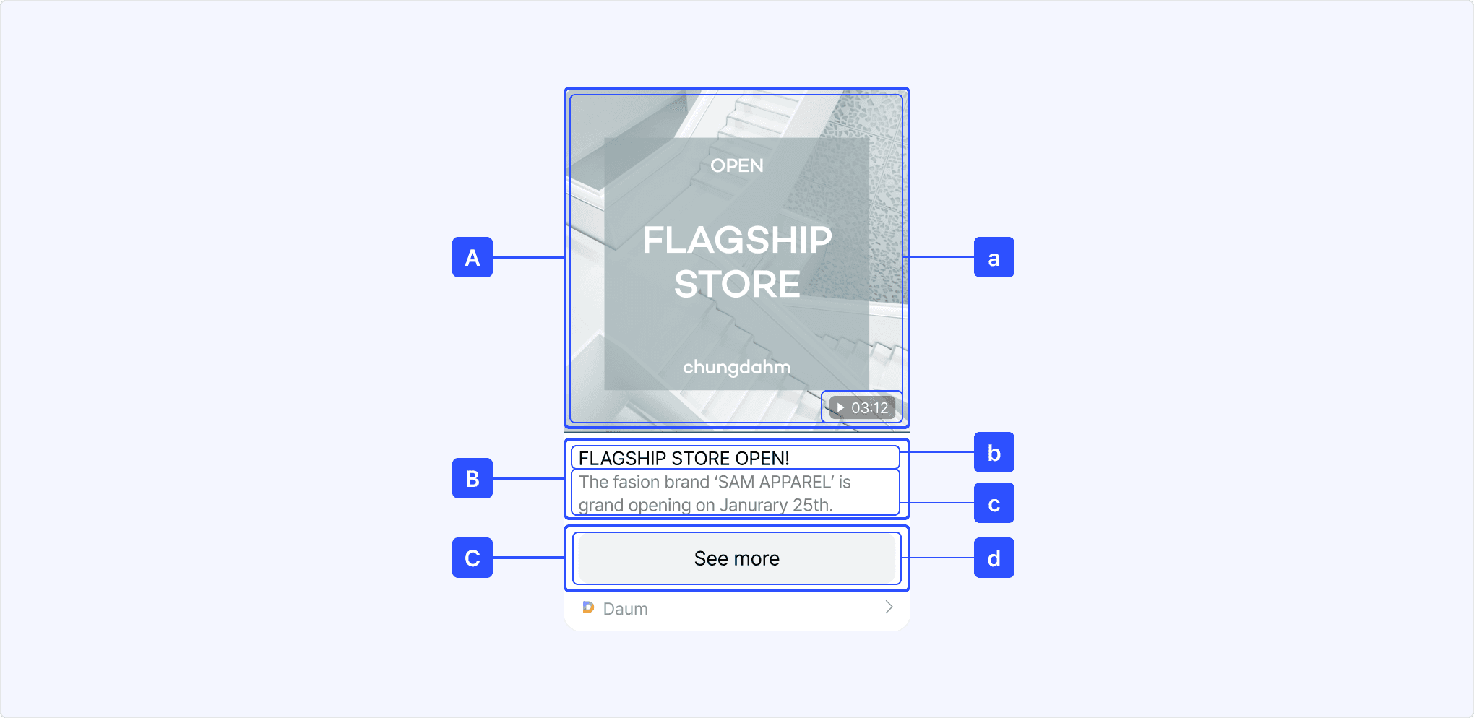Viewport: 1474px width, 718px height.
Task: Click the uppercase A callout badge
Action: (473, 257)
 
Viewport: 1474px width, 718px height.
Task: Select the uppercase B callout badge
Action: (473, 478)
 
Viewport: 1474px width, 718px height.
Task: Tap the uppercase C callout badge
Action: (473, 558)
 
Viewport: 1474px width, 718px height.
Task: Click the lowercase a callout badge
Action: (994, 257)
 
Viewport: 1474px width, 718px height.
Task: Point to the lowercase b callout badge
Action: (994, 452)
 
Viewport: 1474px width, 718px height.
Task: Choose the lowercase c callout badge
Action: (994, 503)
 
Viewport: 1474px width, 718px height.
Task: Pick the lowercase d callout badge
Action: (994, 558)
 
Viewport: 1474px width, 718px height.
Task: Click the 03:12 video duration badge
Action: (863, 407)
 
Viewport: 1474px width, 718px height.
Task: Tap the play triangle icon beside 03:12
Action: (840, 407)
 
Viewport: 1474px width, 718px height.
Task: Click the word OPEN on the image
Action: (736, 166)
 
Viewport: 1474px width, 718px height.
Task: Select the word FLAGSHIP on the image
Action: (737, 240)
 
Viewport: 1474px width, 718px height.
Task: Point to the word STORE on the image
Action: (737, 284)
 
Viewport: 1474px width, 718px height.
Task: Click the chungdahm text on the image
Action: (736, 367)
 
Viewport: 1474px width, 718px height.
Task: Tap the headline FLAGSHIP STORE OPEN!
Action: (684, 459)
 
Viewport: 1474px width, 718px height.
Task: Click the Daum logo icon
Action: (588, 607)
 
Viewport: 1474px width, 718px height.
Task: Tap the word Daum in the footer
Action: (625, 609)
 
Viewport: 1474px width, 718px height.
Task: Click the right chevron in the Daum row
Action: (889, 607)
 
